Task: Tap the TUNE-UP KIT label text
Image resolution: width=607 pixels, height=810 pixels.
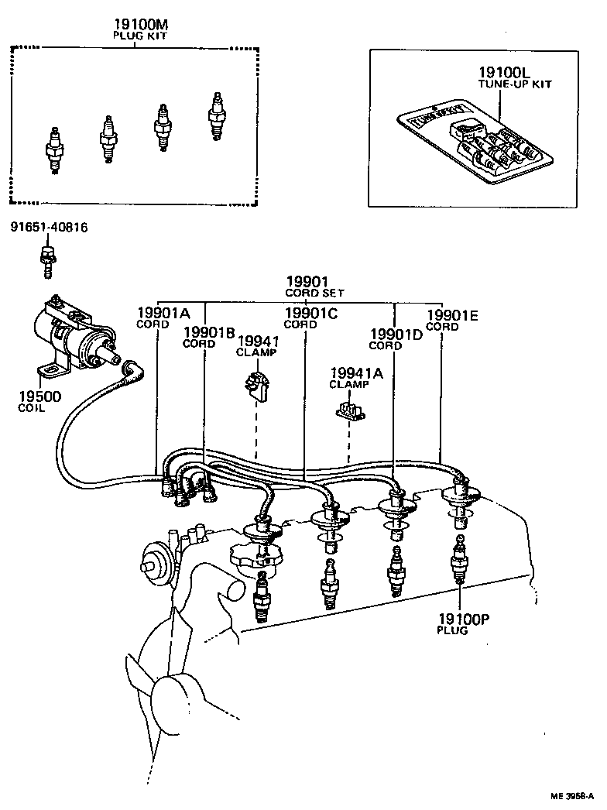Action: point(514,84)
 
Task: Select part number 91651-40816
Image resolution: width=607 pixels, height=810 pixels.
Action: point(49,227)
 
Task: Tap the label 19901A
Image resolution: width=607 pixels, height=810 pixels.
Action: point(163,313)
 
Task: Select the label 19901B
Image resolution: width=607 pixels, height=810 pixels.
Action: point(209,332)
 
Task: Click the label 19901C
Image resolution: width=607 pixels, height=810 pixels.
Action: point(310,313)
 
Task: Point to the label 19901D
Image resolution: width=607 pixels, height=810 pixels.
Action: point(396,334)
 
